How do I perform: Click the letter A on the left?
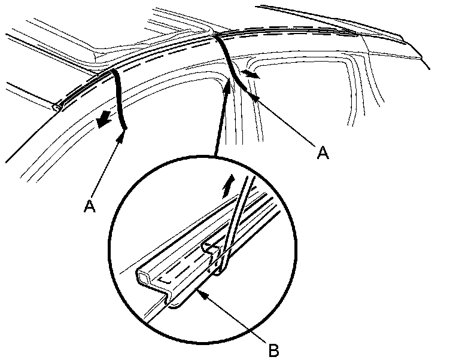[x=90, y=206]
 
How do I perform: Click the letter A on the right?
[x=323, y=153]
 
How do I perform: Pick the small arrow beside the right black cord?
[x=252, y=75]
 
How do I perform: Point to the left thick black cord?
[x=120, y=99]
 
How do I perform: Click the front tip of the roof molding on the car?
[x=56, y=108]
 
